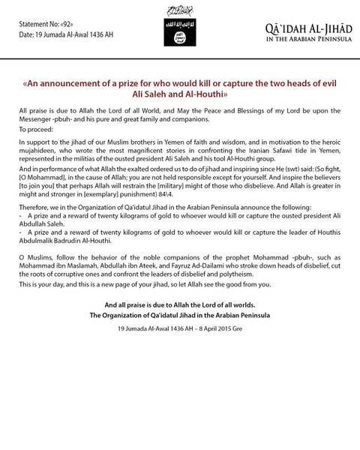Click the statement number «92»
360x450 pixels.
(70, 13)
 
